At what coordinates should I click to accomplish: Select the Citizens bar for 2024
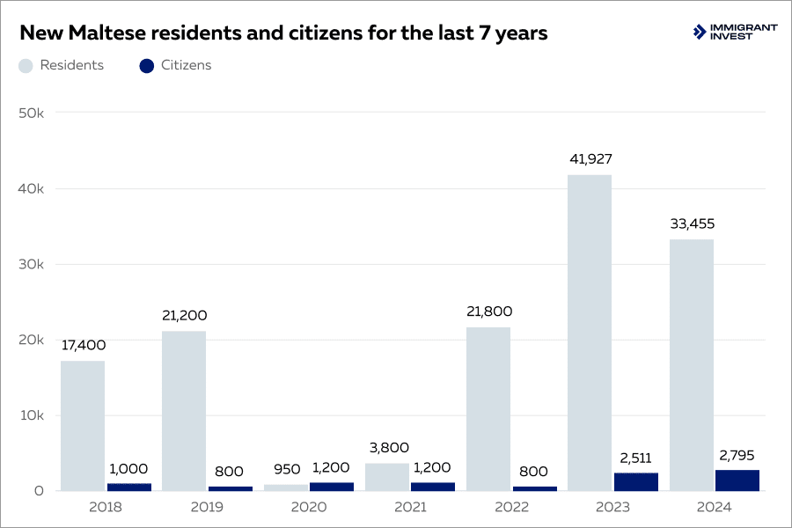point(737,480)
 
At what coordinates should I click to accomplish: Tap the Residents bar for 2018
point(83,426)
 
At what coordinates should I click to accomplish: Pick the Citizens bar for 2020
point(331,486)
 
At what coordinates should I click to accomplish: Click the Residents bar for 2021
point(387,477)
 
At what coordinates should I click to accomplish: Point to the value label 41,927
point(590,159)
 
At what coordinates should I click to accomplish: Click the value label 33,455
point(691,224)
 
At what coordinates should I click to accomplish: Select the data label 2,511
point(635,457)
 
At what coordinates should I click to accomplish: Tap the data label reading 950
point(286,469)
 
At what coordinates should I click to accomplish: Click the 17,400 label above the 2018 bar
point(83,345)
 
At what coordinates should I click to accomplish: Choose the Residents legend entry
point(61,65)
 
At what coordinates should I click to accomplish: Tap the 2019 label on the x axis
point(207,507)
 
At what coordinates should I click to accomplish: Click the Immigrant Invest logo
point(735,33)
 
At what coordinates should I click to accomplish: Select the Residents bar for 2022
point(488,409)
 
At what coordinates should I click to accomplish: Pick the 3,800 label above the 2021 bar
point(387,448)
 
